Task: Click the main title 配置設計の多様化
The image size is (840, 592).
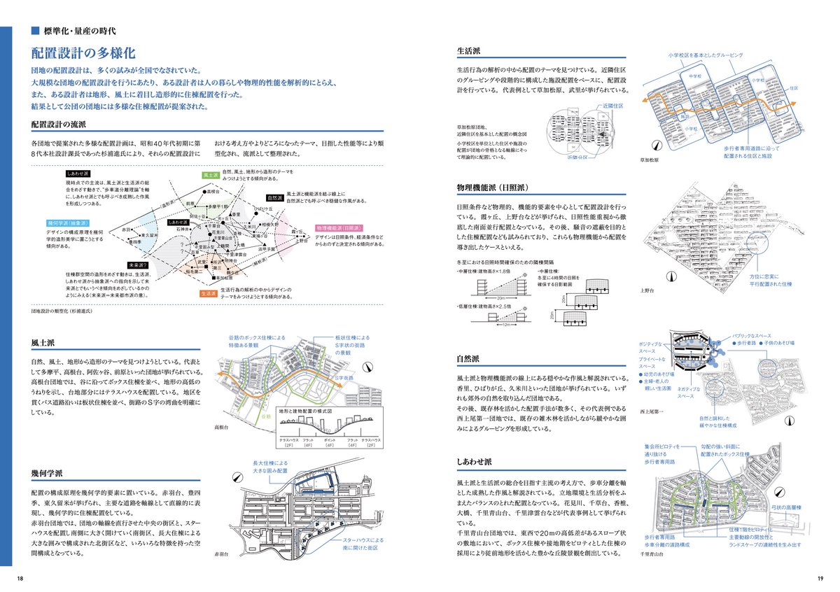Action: coord(83,53)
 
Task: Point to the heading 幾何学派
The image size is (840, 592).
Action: coord(48,473)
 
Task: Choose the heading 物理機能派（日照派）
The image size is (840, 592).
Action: coord(496,188)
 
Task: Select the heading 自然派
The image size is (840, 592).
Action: coord(468,358)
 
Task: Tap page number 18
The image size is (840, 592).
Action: coord(20,578)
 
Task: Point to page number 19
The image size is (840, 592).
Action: coord(820,578)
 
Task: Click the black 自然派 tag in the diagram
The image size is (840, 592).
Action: coord(274,199)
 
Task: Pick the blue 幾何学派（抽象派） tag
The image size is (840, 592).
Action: coord(64,223)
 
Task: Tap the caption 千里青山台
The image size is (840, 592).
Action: coord(654,554)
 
